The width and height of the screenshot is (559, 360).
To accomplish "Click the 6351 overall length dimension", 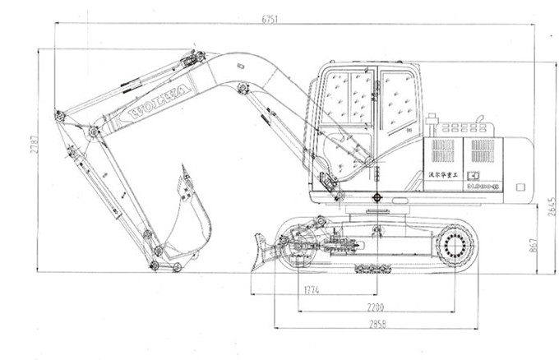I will (266, 18).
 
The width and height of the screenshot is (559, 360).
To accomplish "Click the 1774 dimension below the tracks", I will (312, 289).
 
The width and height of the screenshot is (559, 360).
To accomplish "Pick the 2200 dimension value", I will (377, 307).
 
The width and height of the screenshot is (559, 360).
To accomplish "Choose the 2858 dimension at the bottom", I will (377, 324).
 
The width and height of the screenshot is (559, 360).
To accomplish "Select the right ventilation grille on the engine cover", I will (483, 150).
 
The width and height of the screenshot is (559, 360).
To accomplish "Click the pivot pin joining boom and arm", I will (94, 131).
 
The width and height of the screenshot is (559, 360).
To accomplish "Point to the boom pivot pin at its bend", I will (243, 87).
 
